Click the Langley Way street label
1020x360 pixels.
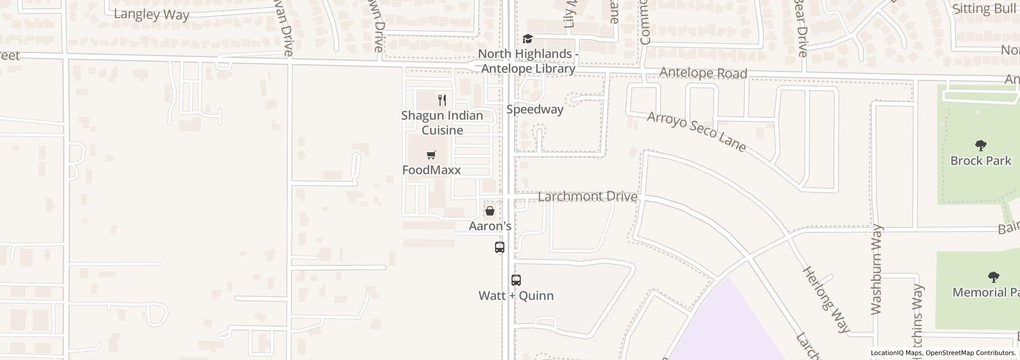click(x=151, y=14)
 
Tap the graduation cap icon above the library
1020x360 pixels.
click(x=527, y=39)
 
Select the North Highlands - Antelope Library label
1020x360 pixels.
click(x=526, y=61)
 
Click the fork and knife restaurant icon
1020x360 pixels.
click(x=442, y=100)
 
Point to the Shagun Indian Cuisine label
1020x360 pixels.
click(x=442, y=122)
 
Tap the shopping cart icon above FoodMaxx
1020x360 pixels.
click(x=431, y=155)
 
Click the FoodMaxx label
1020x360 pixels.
click(x=431, y=170)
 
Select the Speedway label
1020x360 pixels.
click(x=535, y=109)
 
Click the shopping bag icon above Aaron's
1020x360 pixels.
click(x=490, y=211)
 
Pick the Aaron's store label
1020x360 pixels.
click(x=490, y=226)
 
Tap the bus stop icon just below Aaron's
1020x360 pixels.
click(x=499, y=247)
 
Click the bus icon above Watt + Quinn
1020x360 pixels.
click(x=516, y=280)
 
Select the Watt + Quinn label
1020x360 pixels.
click(x=516, y=296)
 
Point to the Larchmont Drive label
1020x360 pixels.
click(x=588, y=197)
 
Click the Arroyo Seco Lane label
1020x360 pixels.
click(x=696, y=132)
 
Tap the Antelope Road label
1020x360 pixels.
click(x=703, y=73)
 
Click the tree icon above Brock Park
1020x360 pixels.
click(x=980, y=146)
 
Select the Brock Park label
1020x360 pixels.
click(x=980, y=160)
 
